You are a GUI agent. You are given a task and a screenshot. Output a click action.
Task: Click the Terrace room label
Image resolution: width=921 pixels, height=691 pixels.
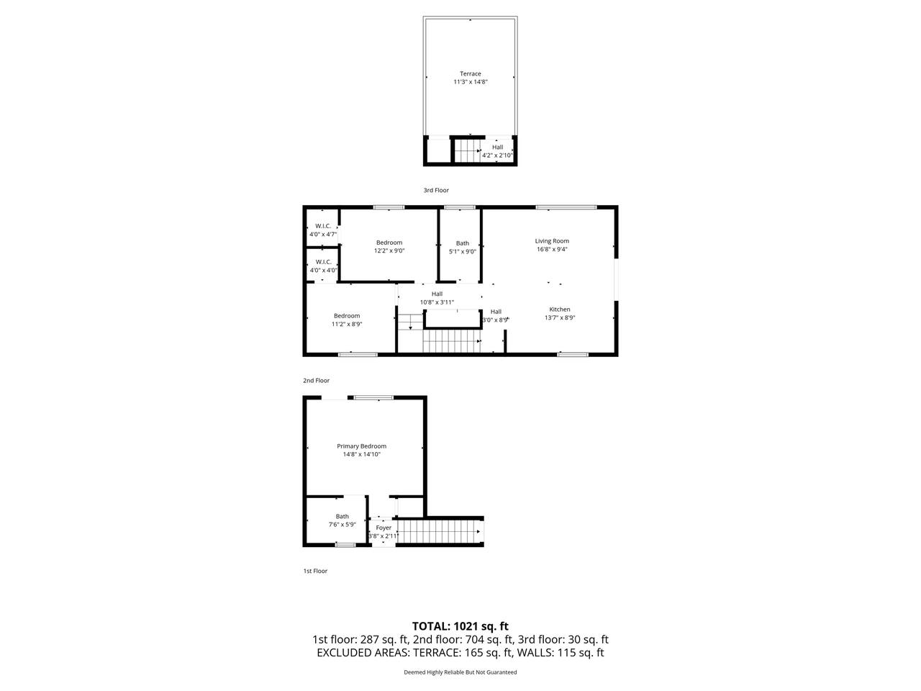point(470,73)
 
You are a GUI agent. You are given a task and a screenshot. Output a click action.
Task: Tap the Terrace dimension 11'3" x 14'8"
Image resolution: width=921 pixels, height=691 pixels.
point(470,82)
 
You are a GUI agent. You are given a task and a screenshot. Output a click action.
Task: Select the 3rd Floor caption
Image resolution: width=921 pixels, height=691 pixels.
point(436,190)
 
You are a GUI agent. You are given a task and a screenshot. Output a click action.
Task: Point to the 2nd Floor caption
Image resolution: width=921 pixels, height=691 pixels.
point(316,381)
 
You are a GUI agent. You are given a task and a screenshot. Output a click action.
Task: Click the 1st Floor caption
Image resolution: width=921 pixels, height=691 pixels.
point(315,571)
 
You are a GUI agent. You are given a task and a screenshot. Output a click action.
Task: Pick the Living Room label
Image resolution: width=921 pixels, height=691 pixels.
point(552,241)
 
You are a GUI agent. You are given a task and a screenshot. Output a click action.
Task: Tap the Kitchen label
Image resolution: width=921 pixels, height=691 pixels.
point(560,310)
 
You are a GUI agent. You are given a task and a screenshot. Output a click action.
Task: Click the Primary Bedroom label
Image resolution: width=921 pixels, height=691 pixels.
point(361,446)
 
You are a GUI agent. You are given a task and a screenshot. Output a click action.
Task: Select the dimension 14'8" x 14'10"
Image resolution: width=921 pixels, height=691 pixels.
point(361,454)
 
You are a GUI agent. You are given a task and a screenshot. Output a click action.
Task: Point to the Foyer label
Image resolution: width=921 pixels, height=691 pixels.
point(384,528)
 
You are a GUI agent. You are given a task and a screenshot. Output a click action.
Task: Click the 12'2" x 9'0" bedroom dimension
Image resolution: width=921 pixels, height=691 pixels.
point(389,250)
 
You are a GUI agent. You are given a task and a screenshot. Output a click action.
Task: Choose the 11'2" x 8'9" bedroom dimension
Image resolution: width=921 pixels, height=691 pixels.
point(347,324)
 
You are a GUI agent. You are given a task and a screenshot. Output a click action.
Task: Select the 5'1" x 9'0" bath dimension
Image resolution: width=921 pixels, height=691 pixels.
point(463,252)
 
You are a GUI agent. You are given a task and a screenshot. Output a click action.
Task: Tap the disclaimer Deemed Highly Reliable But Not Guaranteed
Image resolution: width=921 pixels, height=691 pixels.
point(460,672)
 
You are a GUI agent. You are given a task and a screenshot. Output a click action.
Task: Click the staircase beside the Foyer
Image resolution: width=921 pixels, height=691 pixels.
point(438,532)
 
